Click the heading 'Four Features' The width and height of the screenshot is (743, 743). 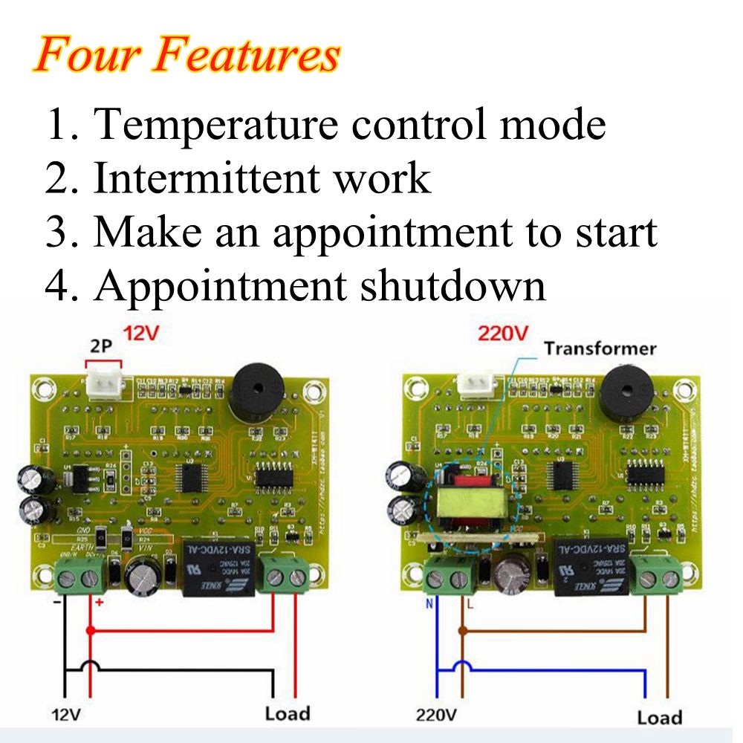point(186,56)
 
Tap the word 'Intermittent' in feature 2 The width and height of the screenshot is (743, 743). point(205,178)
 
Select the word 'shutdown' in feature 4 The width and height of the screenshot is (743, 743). point(453,285)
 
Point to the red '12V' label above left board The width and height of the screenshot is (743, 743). point(141,334)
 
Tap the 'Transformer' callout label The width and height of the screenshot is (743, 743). point(600,348)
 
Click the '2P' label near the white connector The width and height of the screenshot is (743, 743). point(103,347)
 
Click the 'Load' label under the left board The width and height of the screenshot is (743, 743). point(288,714)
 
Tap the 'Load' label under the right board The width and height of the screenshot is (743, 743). point(659,717)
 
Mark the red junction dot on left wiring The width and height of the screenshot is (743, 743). point(91,631)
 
